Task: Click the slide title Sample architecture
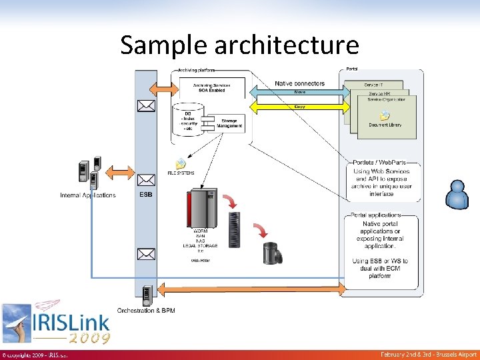tap(239, 45)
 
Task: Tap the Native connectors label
tap(299, 83)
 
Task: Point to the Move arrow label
tap(300, 93)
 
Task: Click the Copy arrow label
tap(300, 105)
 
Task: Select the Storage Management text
tap(229, 123)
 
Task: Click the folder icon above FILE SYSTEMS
tap(181, 164)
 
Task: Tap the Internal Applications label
tap(87, 195)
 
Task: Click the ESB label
tap(145, 195)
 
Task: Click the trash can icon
tap(273, 253)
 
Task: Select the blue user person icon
tap(458, 194)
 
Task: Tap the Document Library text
tap(385, 125)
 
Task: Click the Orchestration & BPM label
tap(146, 311)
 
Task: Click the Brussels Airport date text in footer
tap(429, 354)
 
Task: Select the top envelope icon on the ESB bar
tap(145, 105)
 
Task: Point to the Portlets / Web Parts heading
tap(379, 163)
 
